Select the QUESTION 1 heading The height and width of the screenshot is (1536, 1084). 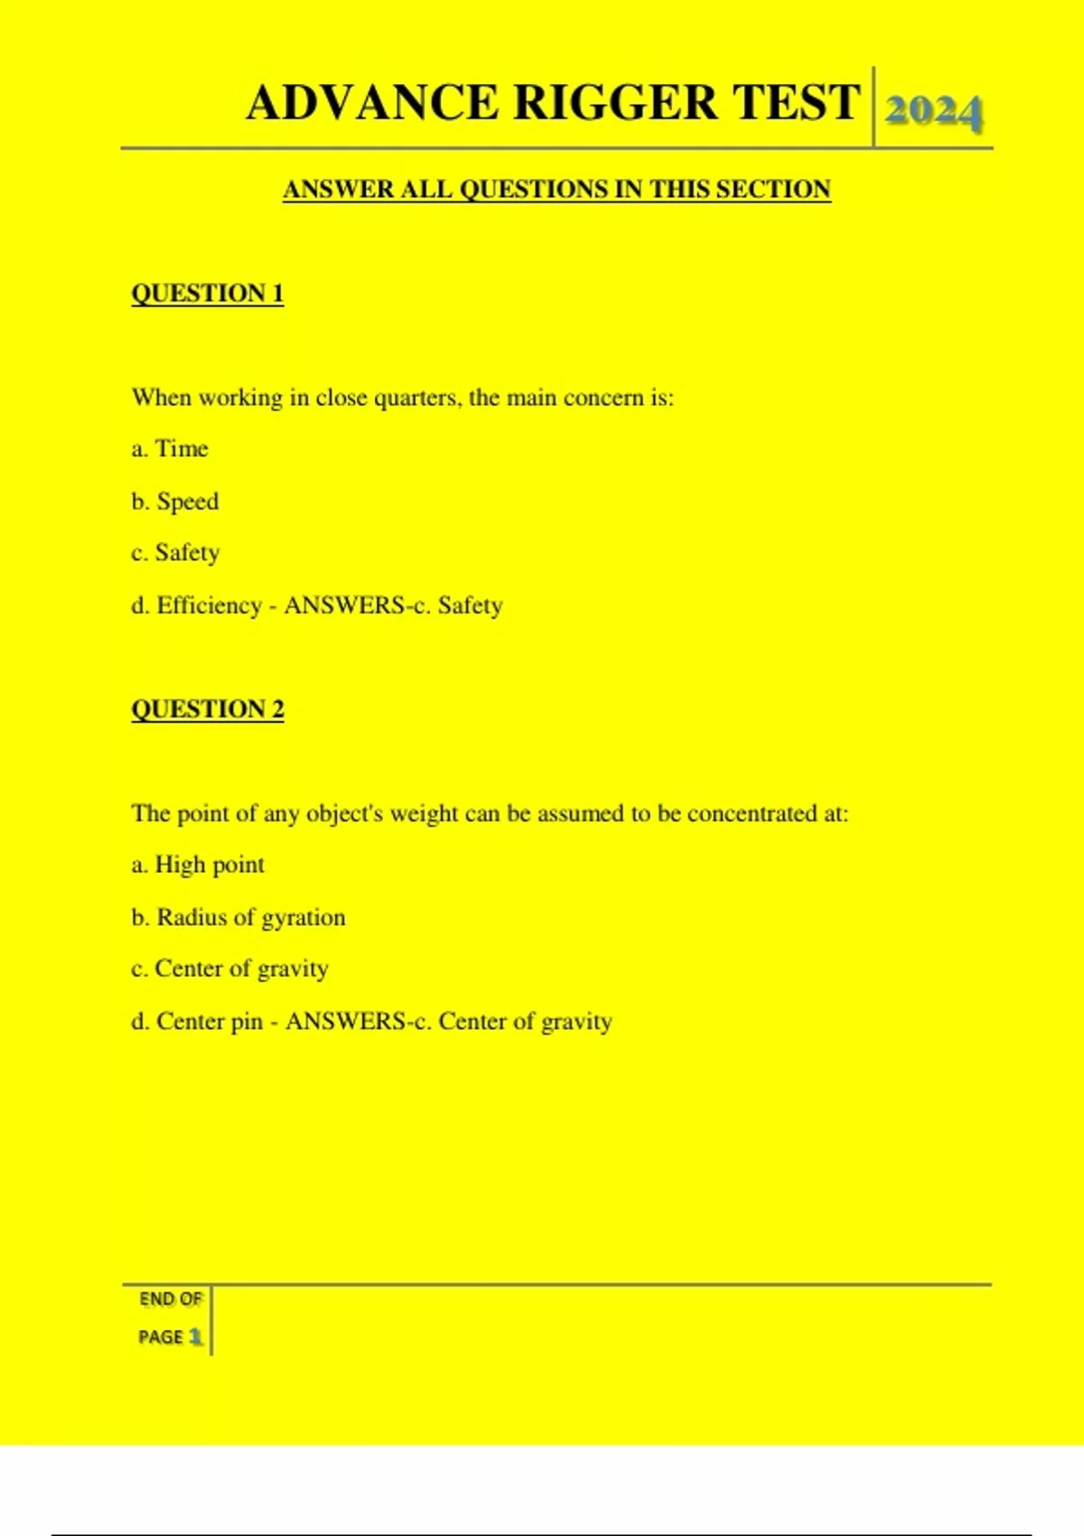(x=208, y=294)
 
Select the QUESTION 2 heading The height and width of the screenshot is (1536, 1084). (x=208, y=709)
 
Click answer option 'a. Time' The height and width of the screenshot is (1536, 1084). (x=170, y=449)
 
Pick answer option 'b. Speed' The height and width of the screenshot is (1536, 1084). (x=175, y=501)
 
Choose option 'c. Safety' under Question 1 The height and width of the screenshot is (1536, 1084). (x=175, y=553)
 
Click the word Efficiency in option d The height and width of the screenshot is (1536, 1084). (x=209, y=605)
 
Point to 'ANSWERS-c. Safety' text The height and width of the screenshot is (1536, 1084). (x=393, y=605)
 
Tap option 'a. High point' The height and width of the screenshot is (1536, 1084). (x=198, y=865)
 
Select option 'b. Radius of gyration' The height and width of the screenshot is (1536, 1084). (x=238, y=917)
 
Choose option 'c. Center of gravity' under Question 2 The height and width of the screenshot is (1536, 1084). (x=229, y=969)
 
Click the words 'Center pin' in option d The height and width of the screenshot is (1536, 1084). (x=210, y=1021)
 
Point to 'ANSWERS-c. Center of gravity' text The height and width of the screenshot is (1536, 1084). (x=449, y=1021)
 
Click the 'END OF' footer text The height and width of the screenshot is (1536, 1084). (x=170, y=1299)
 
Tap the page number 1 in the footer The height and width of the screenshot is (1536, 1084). (x=194, y=1336)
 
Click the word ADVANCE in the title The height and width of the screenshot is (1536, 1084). (x=372, y=102)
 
